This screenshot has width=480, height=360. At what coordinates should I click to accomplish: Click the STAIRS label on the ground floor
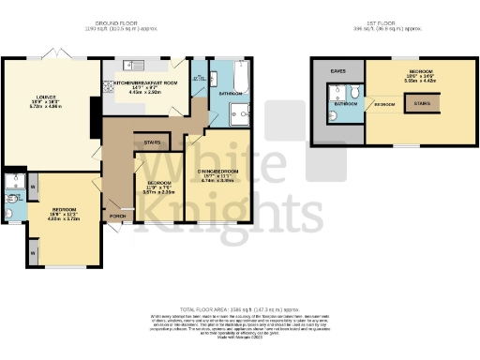pyautogui.click(x=152, y=143)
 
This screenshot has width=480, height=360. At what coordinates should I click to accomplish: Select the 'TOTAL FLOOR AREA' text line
pyautogui.click(x=241, y=308)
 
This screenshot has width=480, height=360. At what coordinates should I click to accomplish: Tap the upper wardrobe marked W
pyautogui.click(x=35, y=186)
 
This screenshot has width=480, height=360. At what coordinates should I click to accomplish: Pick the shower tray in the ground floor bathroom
pyautogui.click(x=238, y=114)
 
